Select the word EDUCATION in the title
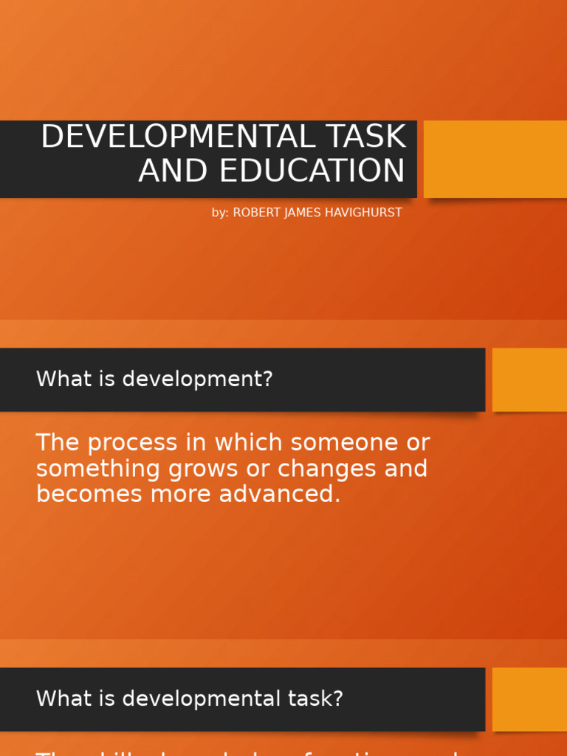(312, 171)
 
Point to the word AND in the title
(174, 171)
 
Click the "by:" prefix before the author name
(220, 213)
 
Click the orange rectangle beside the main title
(495, 159)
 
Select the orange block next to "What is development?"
(529, 379)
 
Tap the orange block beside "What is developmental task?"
(529, 699)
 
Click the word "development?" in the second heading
(198, 379)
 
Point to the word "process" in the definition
(130, 443)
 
